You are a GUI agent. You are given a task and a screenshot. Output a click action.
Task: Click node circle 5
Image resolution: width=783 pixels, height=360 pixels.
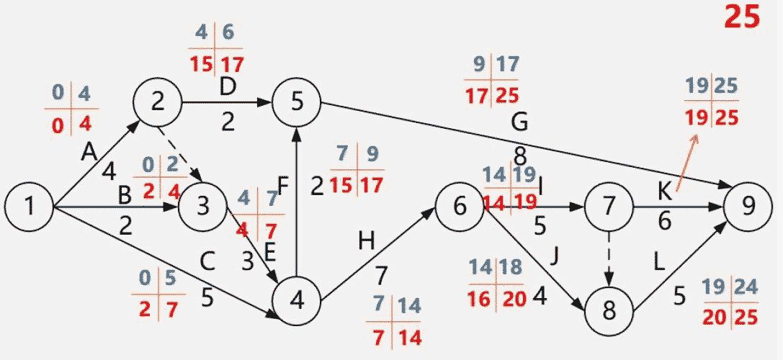click(297, 103)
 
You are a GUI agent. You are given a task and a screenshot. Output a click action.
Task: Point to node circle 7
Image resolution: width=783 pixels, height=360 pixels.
click(609, 207)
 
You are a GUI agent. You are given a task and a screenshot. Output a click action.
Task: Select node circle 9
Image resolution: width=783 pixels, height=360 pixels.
click(750, 207)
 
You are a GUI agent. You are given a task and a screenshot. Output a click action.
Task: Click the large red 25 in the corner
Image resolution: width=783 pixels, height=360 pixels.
click(742, 17)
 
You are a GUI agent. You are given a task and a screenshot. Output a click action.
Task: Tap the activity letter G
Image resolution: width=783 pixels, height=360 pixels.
click(519, 123)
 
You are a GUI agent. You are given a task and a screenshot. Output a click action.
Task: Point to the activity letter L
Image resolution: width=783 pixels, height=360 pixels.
click(660, 262)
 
